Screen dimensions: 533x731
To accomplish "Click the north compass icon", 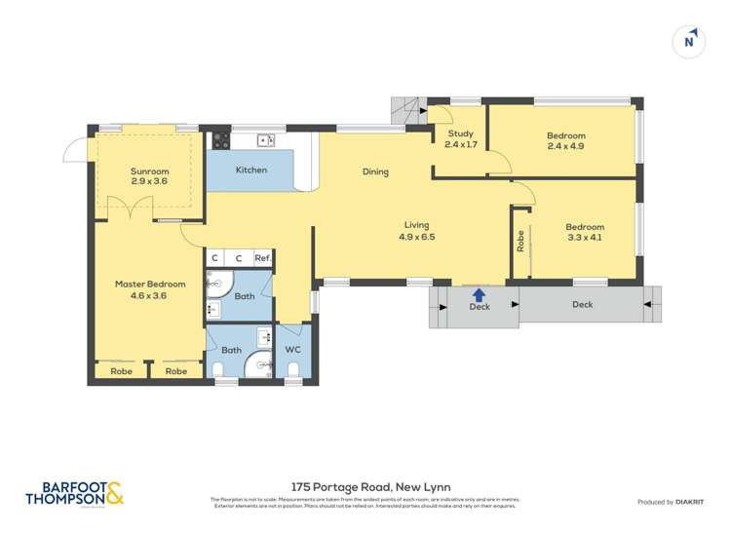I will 690,41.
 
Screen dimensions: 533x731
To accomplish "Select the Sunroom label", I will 149,176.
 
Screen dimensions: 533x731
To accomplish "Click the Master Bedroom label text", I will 149,289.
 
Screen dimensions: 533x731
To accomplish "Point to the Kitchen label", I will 250,171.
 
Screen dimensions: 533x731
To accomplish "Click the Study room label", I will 460,139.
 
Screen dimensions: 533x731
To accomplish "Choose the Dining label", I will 375,172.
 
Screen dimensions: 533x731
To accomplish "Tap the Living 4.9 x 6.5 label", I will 416,231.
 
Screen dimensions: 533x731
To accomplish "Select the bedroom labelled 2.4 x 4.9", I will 565,141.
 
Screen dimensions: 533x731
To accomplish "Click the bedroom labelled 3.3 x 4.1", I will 585,233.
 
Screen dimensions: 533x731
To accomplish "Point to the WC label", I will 293,350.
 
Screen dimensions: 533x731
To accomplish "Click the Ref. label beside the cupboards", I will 262,258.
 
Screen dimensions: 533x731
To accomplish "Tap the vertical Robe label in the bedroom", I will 520,241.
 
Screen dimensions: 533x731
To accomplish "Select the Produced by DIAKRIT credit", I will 673,502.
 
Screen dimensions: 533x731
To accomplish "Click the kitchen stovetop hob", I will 219,138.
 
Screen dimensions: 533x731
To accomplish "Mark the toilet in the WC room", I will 293,368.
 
